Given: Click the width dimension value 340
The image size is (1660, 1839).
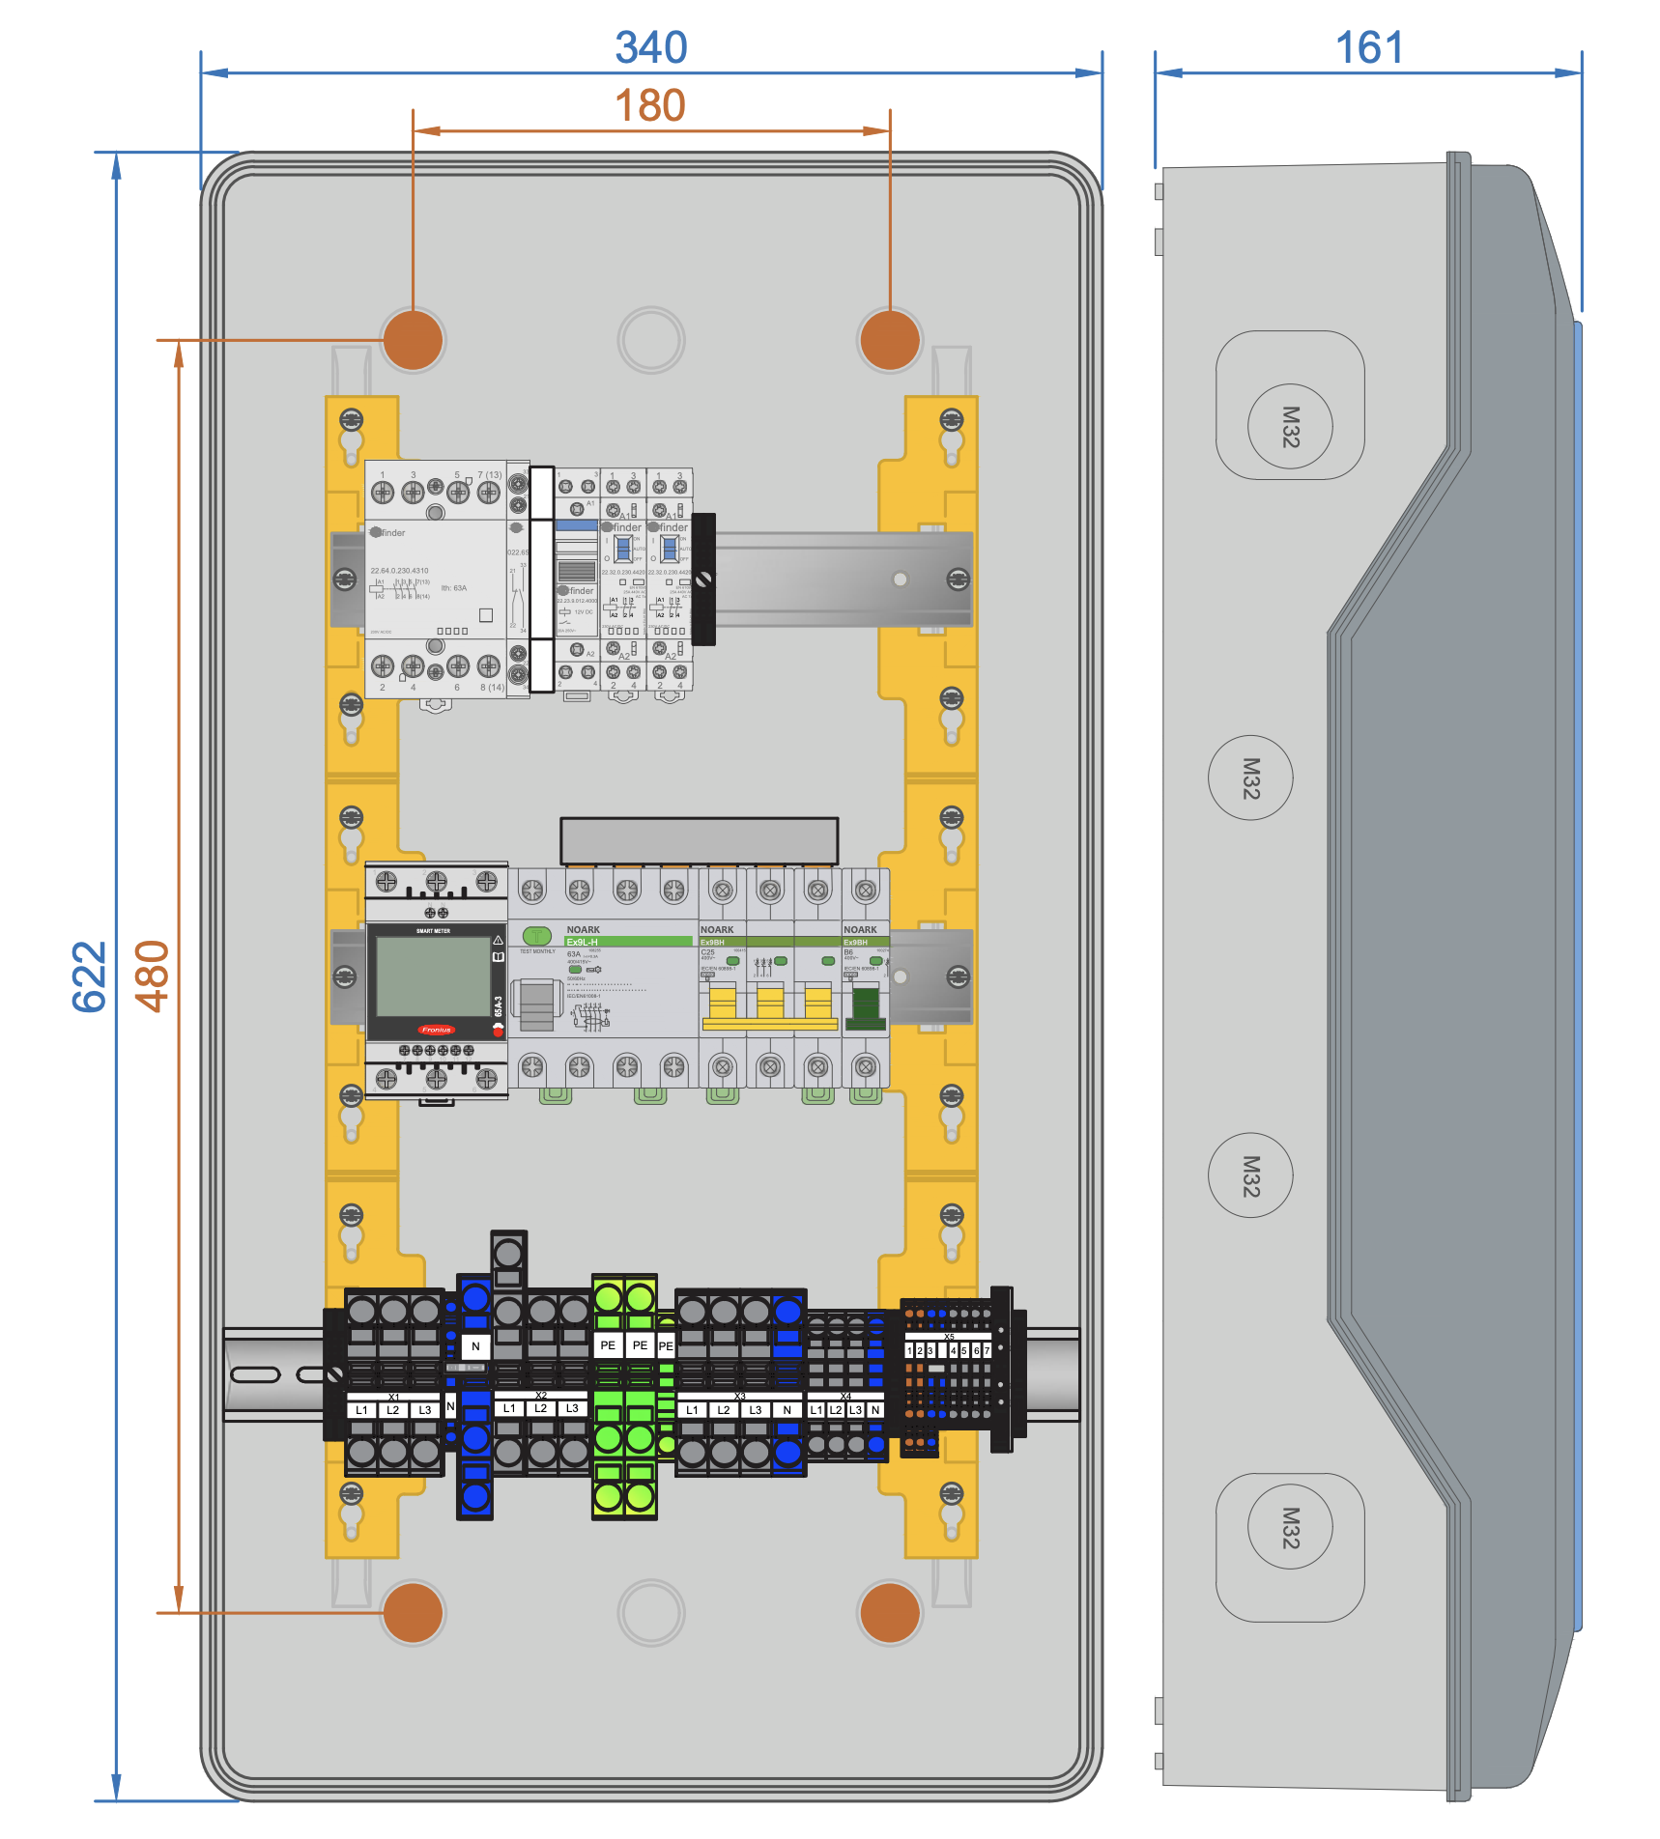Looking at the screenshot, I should pyautogui.click(x=651, y=48).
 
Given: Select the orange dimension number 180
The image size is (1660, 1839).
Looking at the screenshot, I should pyautogui.click(x=650, y=106).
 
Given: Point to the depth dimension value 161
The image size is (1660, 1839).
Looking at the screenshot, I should pyautogui.click(x=1369, y=48).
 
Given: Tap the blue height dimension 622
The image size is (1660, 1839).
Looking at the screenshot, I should pyautogui.click(x=90, y=976).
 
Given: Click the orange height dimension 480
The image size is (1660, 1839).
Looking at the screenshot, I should pyautogui.click(x=153, y=976).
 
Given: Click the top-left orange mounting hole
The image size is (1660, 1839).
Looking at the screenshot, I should pyautogui.click(x=413, y=340).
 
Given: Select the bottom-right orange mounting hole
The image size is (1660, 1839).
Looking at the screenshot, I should pyautogui.click(x=889, y=1612).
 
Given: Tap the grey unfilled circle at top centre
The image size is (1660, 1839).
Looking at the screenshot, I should pyautogui.click(x=650, y=340).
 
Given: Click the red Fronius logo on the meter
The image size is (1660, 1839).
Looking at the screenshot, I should pyautogui.click(x=436, y=1030).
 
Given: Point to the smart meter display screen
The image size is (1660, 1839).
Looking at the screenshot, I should pyautogui.click(x=433, y=976).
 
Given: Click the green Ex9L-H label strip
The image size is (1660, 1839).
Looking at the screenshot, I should pyautogui.click(x=628, y=942).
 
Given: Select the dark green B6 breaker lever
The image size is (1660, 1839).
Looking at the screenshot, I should pyautogui.click(x=866, y=1004).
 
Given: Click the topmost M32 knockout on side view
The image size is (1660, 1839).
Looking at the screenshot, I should pyautogui.click(x=1290, y=426).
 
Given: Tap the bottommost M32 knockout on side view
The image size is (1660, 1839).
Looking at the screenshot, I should pyautogui.click(x=1290, y=1527).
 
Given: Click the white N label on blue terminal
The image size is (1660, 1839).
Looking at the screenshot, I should pyautogui.click(x=475, y=1345).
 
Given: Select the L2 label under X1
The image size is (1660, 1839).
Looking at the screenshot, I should pyautogui.click(x=393, y=1410).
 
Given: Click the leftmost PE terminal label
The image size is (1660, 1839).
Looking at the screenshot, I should pyautogui.click(x=608, y=1345).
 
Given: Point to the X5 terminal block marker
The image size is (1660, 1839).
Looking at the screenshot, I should pyautogui.click(x=949, y=1337).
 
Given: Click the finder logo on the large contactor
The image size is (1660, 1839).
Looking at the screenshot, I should pyautogui.click(x=388, y=532).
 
